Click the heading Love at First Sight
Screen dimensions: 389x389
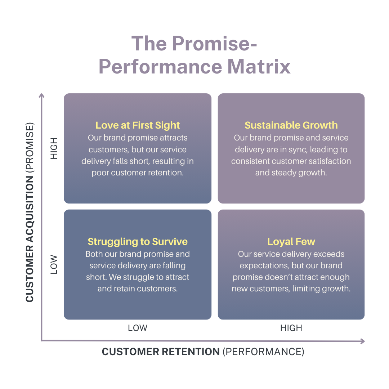[138, 125]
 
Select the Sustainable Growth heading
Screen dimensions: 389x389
[291, 125]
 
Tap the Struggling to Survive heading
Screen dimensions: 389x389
[138, 241]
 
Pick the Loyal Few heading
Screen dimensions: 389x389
[291, 241]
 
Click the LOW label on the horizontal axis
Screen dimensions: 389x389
[138, 328]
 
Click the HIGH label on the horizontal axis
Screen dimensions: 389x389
[291, 328]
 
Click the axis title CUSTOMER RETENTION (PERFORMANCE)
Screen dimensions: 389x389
[203, 352]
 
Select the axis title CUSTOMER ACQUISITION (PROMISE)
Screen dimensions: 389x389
[30, 213]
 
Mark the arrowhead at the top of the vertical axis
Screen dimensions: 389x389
[42, 96]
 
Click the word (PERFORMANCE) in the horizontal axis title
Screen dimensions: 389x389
[263, 352]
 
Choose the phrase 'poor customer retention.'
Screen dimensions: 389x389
[138, 173]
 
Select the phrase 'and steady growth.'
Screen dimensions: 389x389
[291, 173]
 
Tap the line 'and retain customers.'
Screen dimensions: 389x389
[138, 289]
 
